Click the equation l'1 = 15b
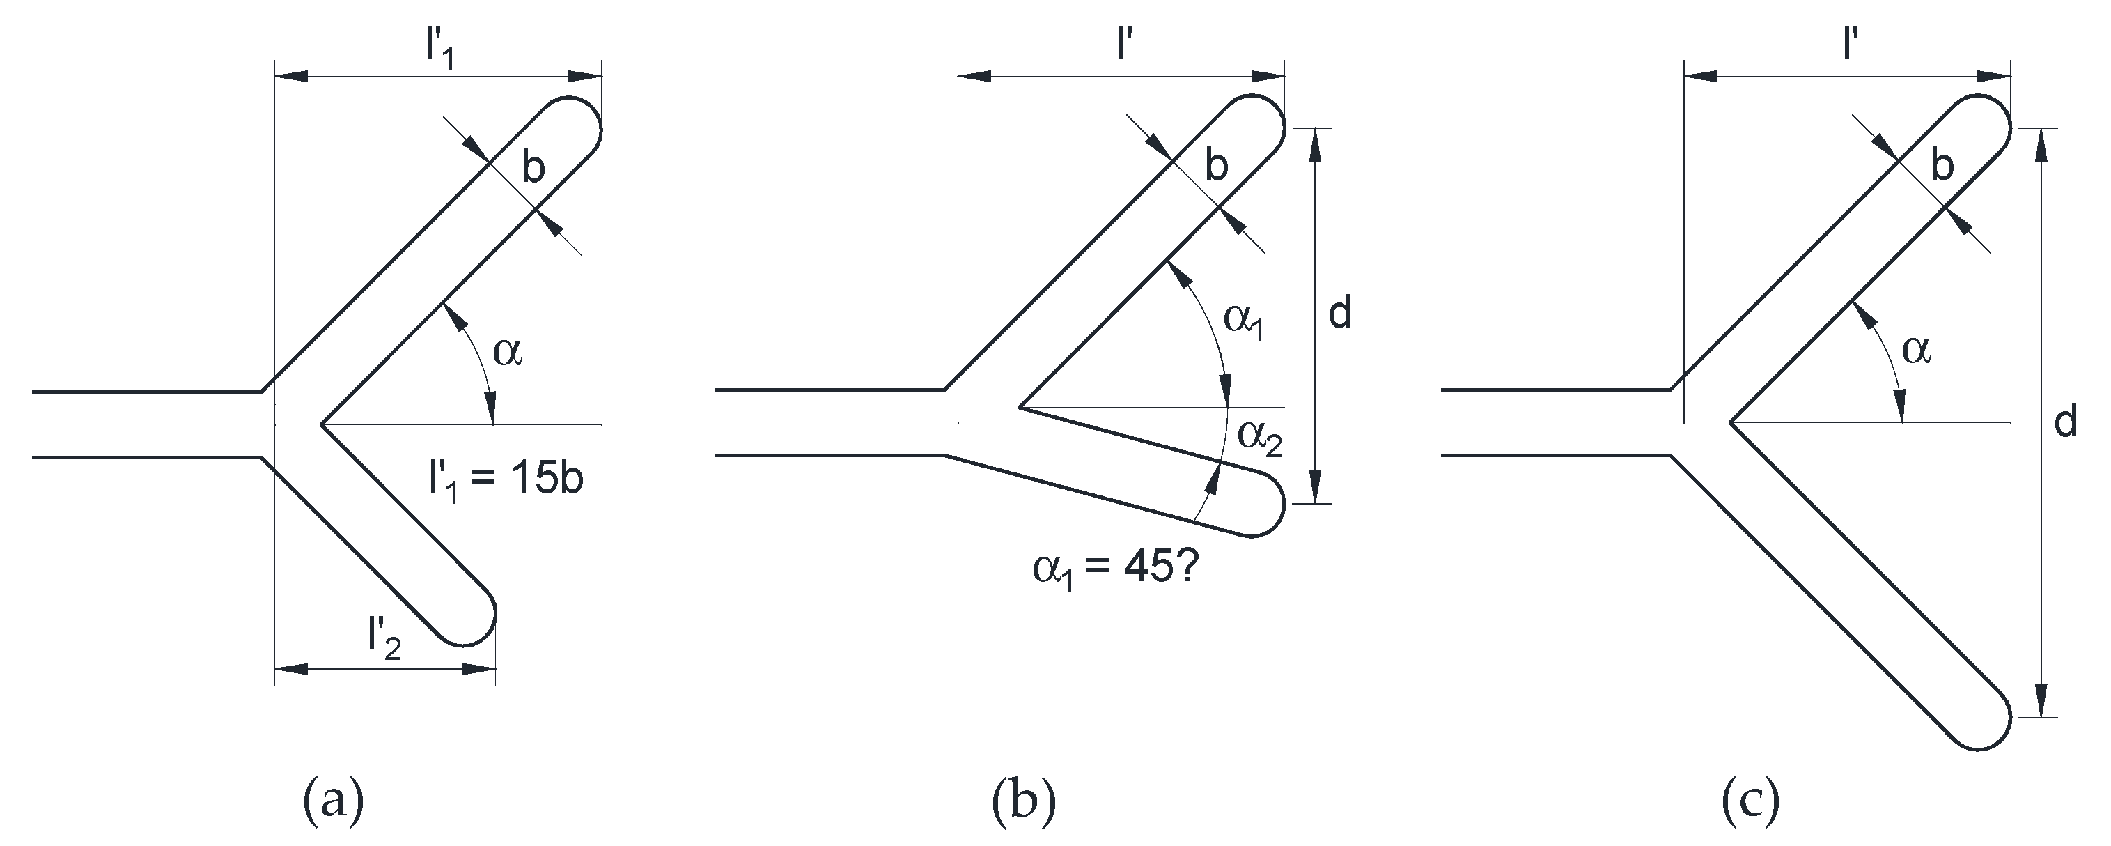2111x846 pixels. [506, 479]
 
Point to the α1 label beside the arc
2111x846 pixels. [1244, 320]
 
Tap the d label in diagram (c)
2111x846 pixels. [2066, 423]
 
